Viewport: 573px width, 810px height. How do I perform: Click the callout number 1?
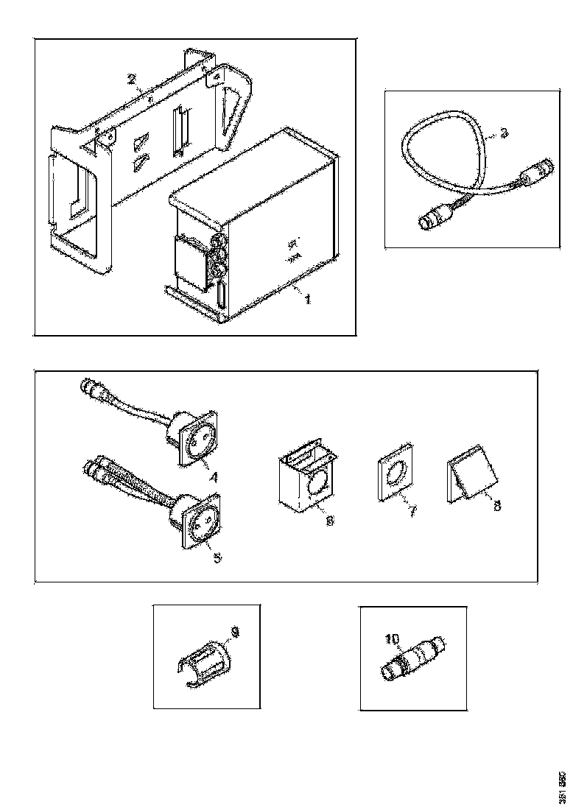pos(308,300)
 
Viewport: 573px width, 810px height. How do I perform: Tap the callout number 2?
pos(131,80)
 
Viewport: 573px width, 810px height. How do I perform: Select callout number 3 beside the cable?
pos(504,133)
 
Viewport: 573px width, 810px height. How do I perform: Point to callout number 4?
pos(213,476)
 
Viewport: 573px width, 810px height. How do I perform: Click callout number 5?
pos(217,556)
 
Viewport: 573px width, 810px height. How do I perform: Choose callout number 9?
pos(235,633)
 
